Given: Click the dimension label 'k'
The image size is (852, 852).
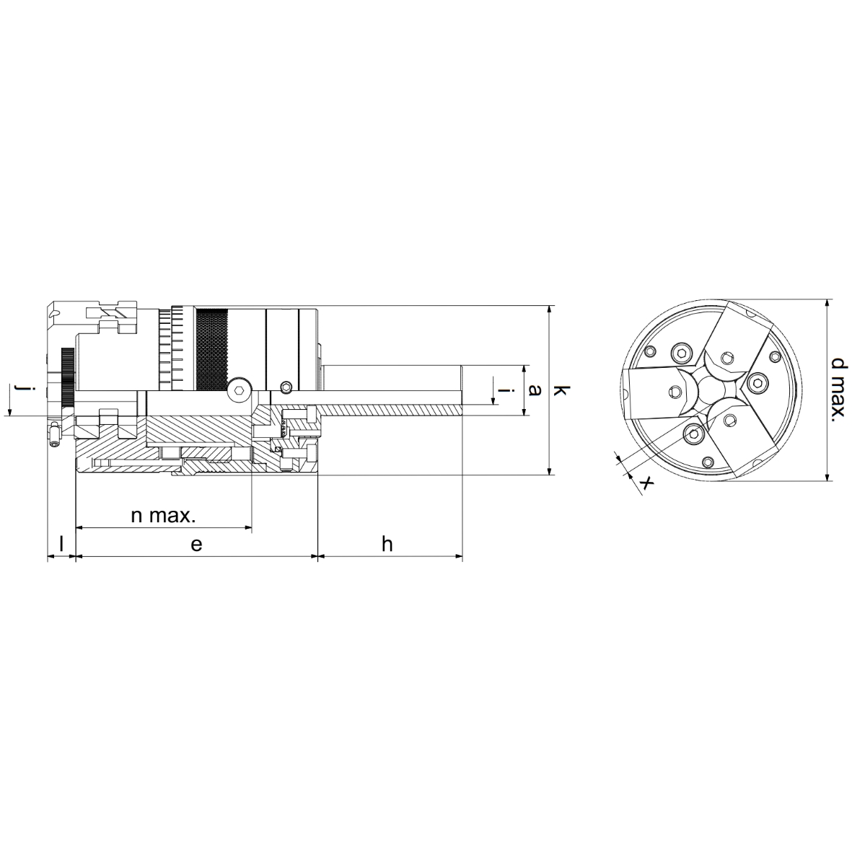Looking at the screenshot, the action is pyautogui.click(x=561, y=390).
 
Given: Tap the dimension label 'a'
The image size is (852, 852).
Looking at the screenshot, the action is pyautogui.click(x=536, y=390).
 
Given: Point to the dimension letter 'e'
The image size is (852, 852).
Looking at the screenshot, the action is pyautogui.click(x=196, y=544).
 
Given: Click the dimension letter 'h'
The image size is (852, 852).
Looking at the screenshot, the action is pyautogui.click(x=387, y=543).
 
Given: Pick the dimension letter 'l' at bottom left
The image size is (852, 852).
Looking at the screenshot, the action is pyautogui.click(x=61, y=543).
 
